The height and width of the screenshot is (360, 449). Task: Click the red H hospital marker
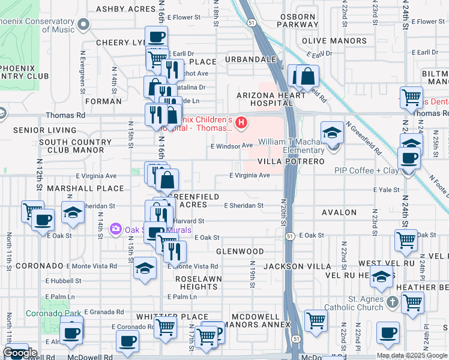241,123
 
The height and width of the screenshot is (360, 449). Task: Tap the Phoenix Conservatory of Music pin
83,25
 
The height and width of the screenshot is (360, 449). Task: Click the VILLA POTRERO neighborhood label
291,162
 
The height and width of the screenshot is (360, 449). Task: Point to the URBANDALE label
250,60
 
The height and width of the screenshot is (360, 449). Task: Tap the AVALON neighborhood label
339,212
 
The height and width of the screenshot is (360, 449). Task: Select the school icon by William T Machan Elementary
331,133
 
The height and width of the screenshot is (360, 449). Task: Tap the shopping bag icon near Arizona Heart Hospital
307,76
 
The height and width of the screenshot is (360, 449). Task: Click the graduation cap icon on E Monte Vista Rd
145,269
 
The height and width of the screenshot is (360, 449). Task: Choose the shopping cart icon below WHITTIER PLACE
165,328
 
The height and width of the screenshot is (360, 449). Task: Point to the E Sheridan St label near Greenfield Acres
243,205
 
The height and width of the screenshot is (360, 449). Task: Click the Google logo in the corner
19,353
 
